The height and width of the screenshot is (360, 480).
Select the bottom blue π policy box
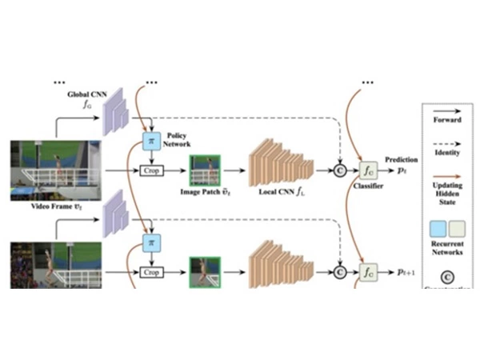pyautogui.click(x=148, y=242)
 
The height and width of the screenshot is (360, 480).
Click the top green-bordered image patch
pyautogui.click(x=204, y=170)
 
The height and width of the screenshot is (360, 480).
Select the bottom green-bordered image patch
pyautogui.click(x=204, y=271)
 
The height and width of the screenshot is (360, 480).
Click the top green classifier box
pyautogui.click(x=369, y=170)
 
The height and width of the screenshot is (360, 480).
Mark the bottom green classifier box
pyautogui.click(x=369, y=272)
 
